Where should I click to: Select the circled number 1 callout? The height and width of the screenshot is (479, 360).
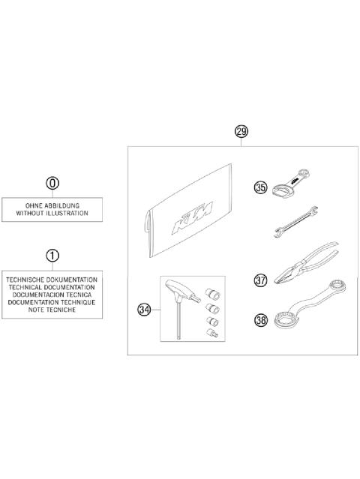tap(52, 255)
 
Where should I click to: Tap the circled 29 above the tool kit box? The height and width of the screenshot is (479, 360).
tap(241, 133)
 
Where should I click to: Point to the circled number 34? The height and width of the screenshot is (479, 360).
tap(145, 308)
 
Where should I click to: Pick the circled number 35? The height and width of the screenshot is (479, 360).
tap(260, 188)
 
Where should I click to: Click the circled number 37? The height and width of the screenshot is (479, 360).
tap(260, 280)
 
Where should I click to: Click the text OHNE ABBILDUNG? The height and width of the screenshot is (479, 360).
tap(52, 205)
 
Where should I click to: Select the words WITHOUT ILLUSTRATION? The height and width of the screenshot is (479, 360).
tap(52, 213)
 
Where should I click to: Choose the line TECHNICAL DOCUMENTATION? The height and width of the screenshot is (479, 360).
tap(52, 287)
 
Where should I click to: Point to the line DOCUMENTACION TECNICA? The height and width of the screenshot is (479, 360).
tap(52, 295)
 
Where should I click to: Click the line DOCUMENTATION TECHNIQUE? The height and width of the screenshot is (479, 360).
tap(52, 303)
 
